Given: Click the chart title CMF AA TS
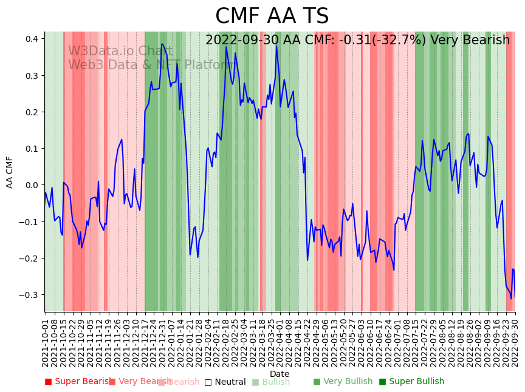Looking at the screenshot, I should pos(272,16).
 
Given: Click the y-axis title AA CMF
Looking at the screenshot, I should pos(10,172).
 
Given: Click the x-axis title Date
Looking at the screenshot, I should pos(280,374).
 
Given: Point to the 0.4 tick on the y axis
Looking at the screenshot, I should pos(32,39).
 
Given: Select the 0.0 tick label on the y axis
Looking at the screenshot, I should pos(32,185).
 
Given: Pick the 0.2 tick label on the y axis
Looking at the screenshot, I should pos(32,112).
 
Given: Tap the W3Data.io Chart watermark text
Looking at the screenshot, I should pos(120,52).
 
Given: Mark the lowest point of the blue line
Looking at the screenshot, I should pos(511,299).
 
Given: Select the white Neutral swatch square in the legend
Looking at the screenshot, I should pos(208,382).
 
